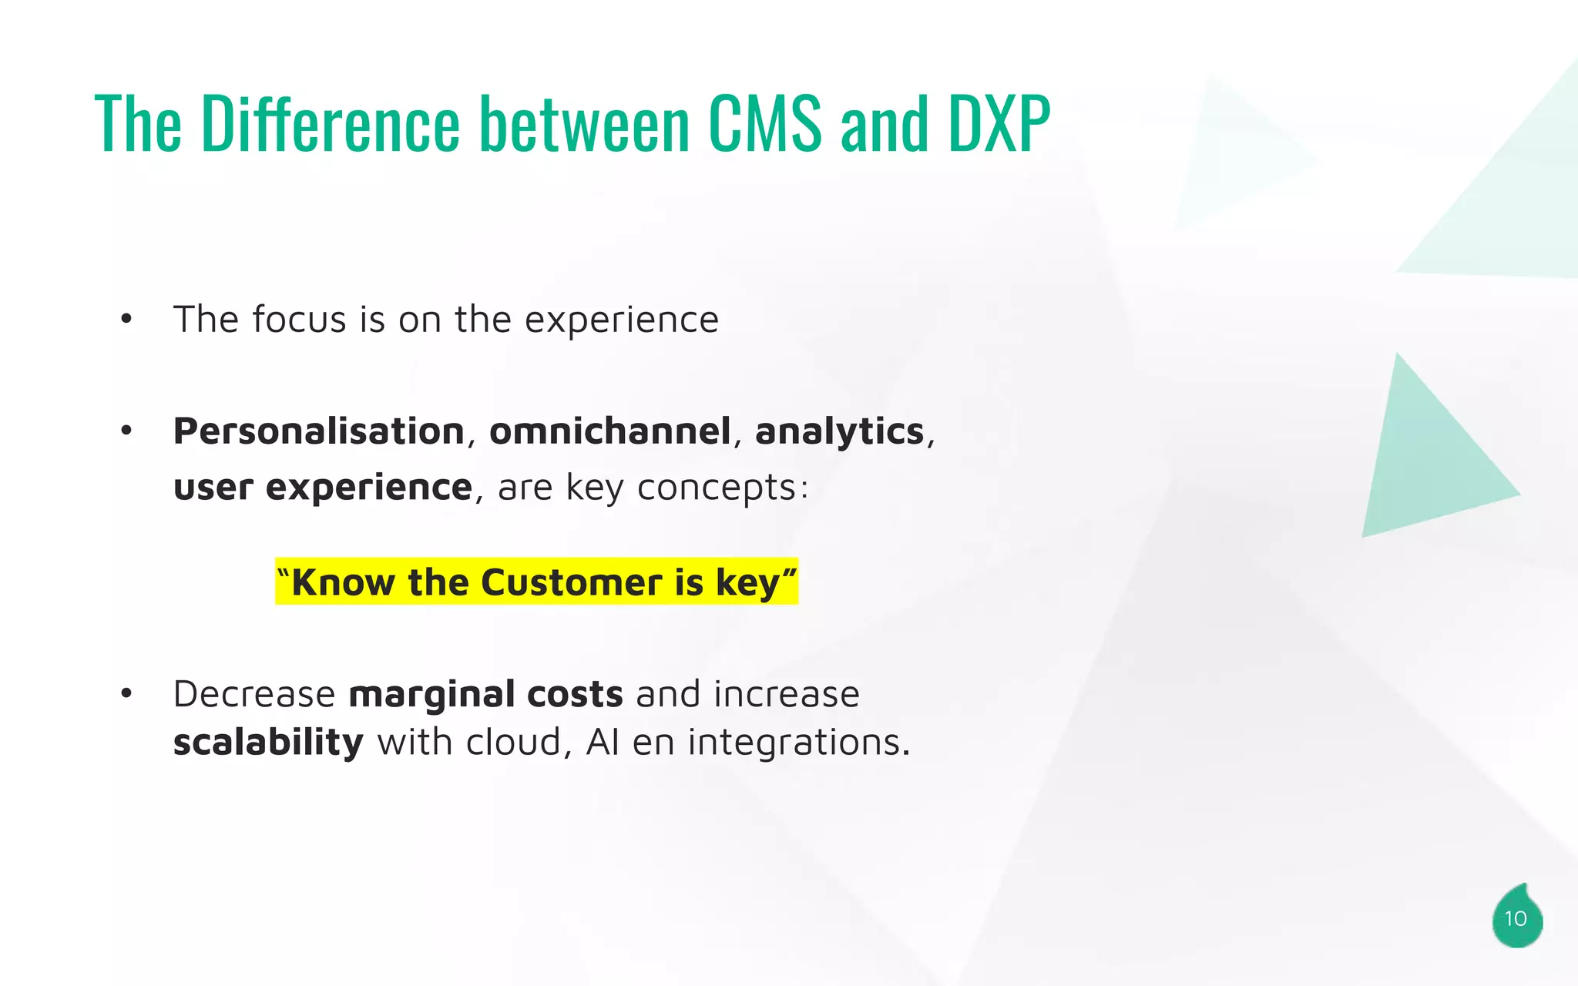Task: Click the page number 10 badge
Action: pyautogui.click(x=1516, y=918)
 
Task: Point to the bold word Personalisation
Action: pyautogui.click(x=318, y=431)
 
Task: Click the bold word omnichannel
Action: pyautogui.click(x=609, y=431)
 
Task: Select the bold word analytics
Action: pyautogui.click(x=838, y=432)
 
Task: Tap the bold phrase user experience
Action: pyautogui.click(x=322, y=488)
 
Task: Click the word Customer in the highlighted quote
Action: pyautogui.click(x=572, y=582)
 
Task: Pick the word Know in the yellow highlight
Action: pyautogui.click(x=343, y=582)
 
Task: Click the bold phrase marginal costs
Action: pyautogui.click(x=485, y=695)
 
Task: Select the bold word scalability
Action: pyautogui.click(x=267, y=743)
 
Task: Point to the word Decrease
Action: pyautogui.click(x=254, y=695)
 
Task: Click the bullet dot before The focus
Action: pyautogui.click(x=126, y=319)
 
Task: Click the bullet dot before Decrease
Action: pyautogui.click(x=126, y=694)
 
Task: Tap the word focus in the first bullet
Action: pyautogui.click(x=298, y=319)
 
